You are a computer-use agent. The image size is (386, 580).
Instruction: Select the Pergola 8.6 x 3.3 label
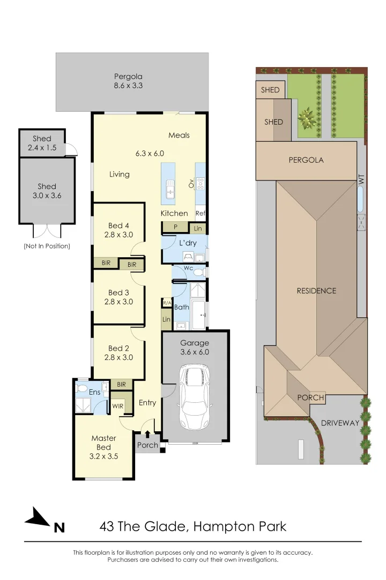[128, 81]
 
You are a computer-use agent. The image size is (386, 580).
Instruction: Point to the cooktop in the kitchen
[201, 184]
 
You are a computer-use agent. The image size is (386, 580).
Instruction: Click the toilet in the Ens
[81, 388]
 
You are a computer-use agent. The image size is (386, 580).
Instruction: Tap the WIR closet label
[118, 406]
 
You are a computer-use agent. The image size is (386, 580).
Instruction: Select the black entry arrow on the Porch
[148, 434]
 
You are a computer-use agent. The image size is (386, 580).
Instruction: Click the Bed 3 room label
[118, 297]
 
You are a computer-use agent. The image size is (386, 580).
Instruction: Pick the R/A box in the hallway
[167, 303]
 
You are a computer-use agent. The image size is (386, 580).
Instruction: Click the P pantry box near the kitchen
[175, 228]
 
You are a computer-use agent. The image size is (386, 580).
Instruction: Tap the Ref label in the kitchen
[201, 213]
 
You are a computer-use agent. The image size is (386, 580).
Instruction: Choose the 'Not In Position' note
[47, 246]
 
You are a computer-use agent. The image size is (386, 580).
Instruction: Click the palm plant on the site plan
[307, 119]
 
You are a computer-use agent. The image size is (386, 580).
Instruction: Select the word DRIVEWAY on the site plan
[340, 423]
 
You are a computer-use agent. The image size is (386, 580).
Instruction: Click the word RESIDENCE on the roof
[316, 291]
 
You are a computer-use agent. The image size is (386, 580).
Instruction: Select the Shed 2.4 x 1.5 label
[42, 143]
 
